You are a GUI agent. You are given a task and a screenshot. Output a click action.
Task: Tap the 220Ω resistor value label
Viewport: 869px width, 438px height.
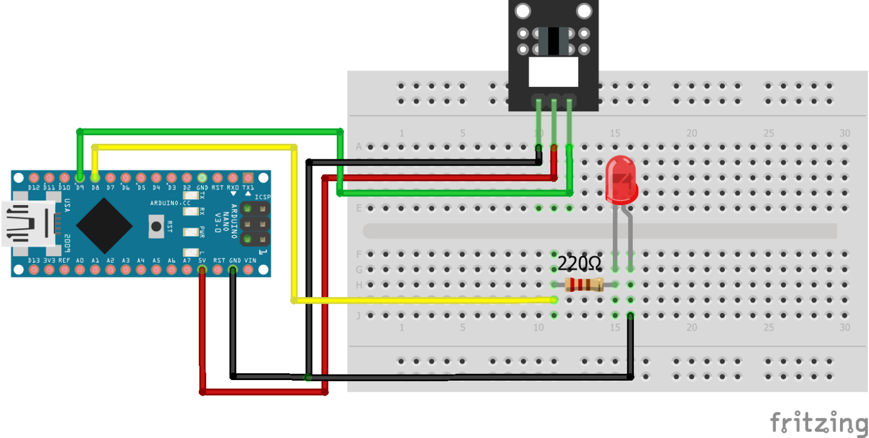(x=579, y=264)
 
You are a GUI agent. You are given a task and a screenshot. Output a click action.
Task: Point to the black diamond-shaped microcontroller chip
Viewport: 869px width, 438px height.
(x=104, y=225)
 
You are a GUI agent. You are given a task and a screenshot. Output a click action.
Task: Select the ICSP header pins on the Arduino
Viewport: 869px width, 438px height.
(x=255, y=223)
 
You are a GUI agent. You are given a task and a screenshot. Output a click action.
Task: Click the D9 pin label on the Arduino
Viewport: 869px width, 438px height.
(x=79, y=188)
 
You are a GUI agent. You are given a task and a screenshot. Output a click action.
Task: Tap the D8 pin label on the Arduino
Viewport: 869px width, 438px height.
(x=95, y=188)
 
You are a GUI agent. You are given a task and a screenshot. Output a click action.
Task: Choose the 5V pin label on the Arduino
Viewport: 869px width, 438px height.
(x=202, y=261)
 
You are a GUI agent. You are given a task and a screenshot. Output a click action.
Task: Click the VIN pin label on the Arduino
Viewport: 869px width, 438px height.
(x=250, y=261)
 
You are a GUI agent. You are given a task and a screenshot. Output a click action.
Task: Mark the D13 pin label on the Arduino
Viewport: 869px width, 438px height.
(x=34, y=261)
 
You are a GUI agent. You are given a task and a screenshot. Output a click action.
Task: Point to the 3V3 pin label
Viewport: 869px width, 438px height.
(x=49, y=261)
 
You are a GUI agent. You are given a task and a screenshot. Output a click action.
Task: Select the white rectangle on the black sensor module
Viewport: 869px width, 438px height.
(x=554, y=72)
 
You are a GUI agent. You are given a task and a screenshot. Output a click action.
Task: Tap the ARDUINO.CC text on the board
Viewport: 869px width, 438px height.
(x=170, y=203)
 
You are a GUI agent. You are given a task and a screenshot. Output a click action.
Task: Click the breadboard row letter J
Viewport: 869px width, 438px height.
(x=359, y=315)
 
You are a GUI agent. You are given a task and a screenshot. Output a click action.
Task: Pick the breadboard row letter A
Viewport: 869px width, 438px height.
(x=359, y=147)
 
